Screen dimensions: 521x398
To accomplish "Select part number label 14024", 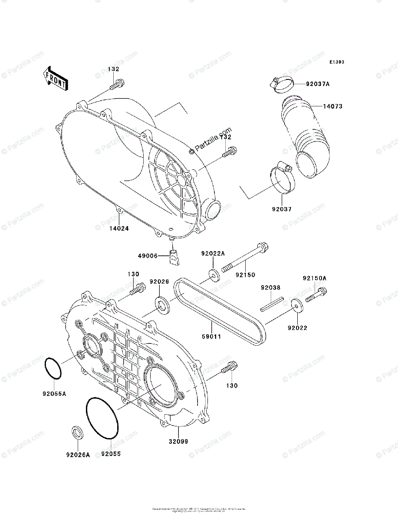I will click(x=118, y=228).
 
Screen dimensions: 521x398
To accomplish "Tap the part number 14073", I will click(x=332, y=106).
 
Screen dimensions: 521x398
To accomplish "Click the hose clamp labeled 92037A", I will click(x=281, y=84).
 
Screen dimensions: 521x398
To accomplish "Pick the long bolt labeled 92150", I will click(x=245, y=259).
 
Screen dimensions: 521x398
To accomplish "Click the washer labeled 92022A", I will click(x=213, y=275).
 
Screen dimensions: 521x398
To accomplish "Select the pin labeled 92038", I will click(x=272, y=303).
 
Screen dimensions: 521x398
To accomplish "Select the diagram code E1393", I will click(x=336, y=62).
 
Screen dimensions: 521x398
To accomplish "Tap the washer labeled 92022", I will click(x=297, y=306).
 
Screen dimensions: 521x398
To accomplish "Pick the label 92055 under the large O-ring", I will click(x=111, y=454).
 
